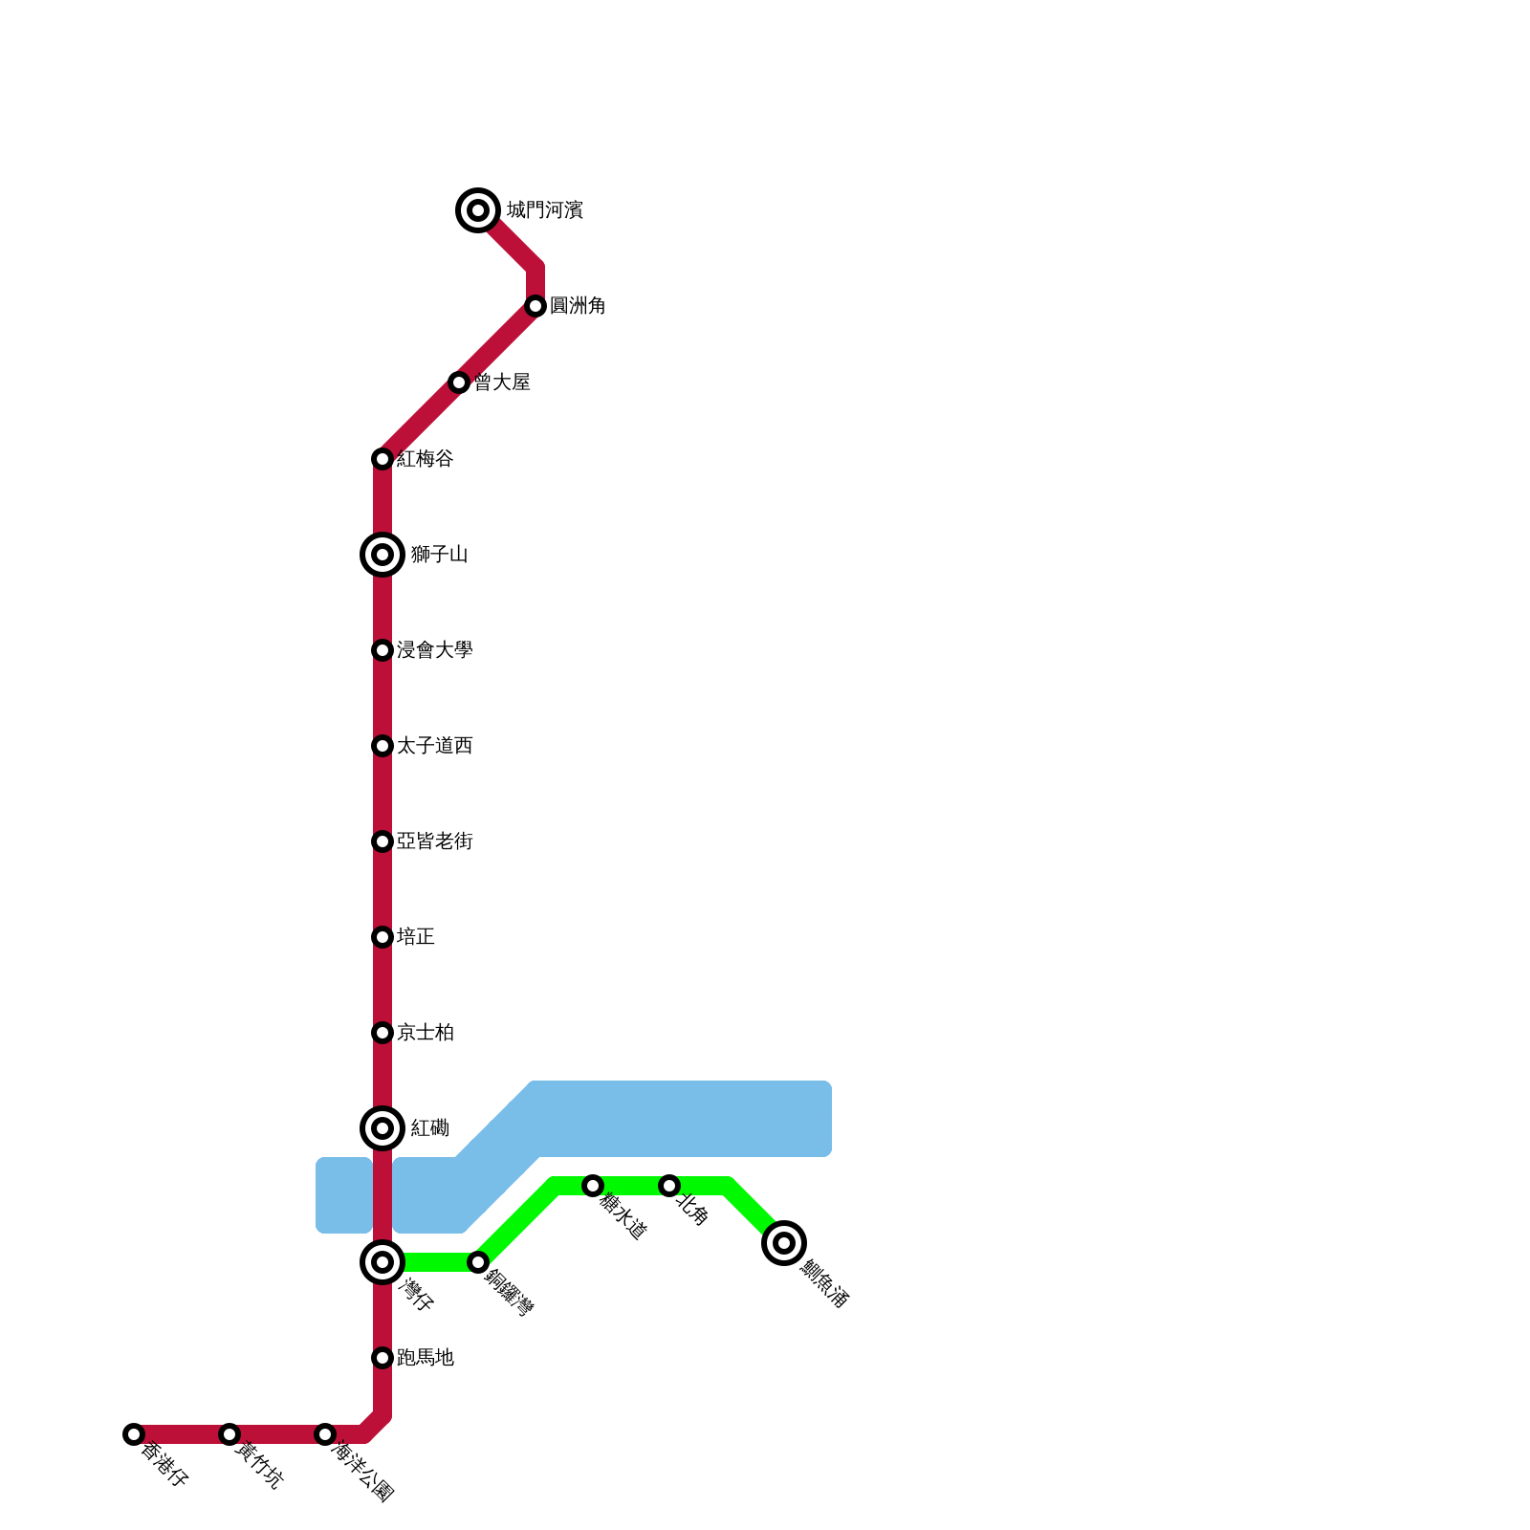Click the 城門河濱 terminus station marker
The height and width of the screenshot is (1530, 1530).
click(478, 210)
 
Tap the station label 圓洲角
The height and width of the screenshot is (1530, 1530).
click(578, 306)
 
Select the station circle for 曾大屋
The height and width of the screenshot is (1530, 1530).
click(459, 382)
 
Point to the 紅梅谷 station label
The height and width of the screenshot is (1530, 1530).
click(426, 459)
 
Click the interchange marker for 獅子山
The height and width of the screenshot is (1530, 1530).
click(382, 555)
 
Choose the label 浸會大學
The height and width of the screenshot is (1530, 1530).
click(435, 650)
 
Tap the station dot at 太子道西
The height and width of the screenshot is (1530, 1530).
click(382, 746)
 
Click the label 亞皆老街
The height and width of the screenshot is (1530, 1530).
click(435, 841)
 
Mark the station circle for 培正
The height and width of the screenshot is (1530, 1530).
click(382, 937)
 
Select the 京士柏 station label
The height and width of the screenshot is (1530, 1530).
click(426, 1033)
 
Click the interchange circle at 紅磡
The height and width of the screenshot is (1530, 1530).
click(382, 1128)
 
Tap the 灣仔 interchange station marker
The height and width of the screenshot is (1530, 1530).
click(382, 1262)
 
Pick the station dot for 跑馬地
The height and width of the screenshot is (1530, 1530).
click(382, 1358)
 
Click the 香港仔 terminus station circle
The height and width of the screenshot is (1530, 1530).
click(134, 1434)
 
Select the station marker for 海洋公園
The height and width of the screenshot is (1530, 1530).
click(325, 1434)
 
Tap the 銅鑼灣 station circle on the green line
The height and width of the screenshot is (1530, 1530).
click(478, 1262)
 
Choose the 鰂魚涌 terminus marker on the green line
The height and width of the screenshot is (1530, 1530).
click(784, 1243)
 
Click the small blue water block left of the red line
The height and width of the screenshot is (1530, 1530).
click(343, 1195)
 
